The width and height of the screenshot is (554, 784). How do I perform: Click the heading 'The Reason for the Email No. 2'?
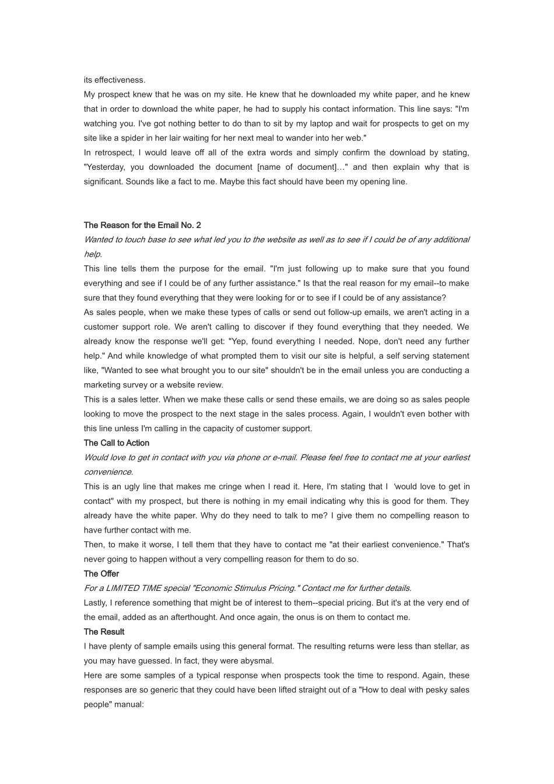(x=142, y=225)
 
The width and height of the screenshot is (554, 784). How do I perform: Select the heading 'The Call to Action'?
(x=117, y=443)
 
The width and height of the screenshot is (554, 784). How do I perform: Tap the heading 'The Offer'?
(x=101, y=573)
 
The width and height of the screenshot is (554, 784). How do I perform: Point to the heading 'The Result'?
(x=104, y=632)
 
